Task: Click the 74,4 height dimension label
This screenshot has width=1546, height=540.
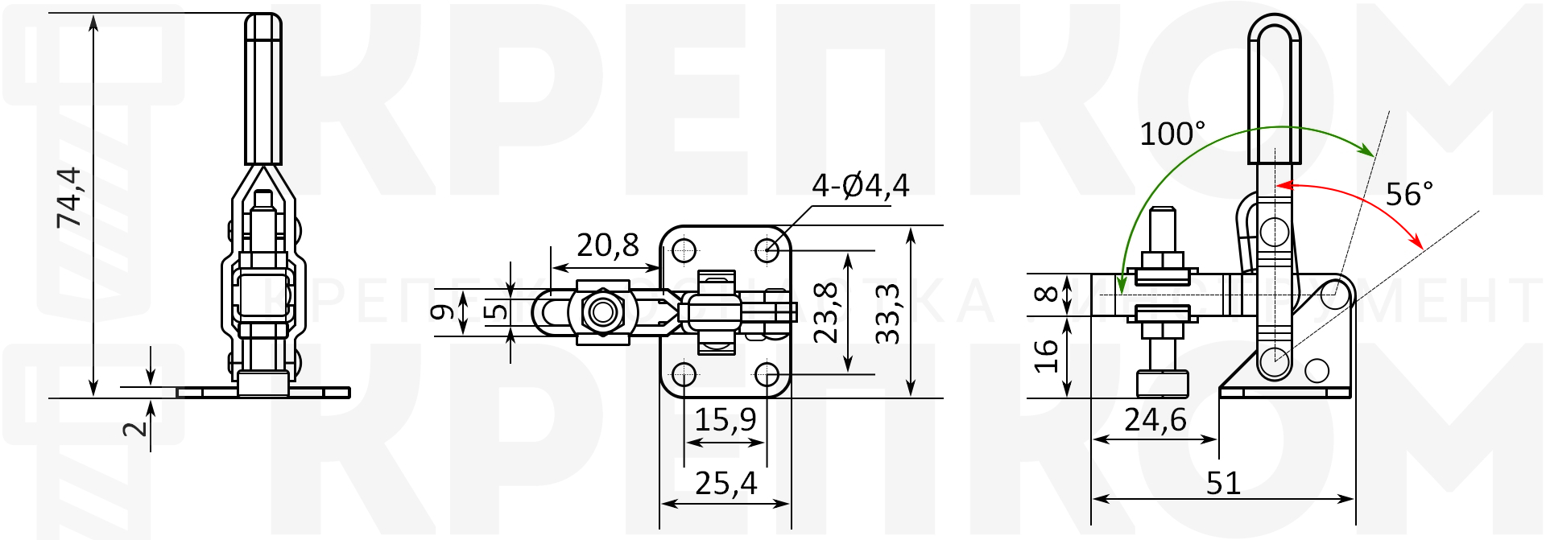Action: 70,197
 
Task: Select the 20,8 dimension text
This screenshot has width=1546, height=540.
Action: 608,245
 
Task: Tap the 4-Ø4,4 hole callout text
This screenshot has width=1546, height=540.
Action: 860,186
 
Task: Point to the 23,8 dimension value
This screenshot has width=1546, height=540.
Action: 827,312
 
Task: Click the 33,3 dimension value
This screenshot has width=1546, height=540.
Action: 887,314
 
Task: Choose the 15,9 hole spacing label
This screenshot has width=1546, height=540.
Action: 725,419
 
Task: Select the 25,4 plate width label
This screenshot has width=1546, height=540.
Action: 725,484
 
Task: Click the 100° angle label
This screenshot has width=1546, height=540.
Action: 1172,134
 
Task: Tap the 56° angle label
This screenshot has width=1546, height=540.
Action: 1409,194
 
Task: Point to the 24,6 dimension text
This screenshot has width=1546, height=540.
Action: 1155,419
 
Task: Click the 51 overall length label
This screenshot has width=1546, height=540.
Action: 1223,484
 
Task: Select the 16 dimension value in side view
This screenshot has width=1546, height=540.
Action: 1046,356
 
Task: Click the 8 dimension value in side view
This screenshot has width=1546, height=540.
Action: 1046,294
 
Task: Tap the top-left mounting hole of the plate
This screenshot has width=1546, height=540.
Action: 684,249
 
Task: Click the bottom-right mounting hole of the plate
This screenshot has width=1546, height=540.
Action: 767,374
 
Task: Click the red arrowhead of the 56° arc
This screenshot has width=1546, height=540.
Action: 1416,240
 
